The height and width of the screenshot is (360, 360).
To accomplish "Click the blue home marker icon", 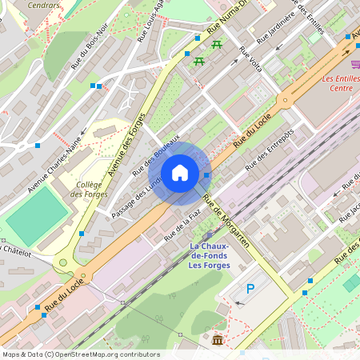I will (x=180, y=173).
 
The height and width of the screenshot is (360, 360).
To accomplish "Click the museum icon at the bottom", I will (x=218, y=342).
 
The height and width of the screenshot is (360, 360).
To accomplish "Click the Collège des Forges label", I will (x=87, y=189).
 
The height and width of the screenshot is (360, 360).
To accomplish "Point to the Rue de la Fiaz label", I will (x=182, y=225).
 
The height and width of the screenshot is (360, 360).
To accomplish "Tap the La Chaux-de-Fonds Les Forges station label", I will (x=210, y=255).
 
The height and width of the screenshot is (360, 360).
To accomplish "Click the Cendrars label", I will (x=43, y=5).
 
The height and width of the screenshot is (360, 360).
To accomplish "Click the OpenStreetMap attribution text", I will (x=80, y=354).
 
